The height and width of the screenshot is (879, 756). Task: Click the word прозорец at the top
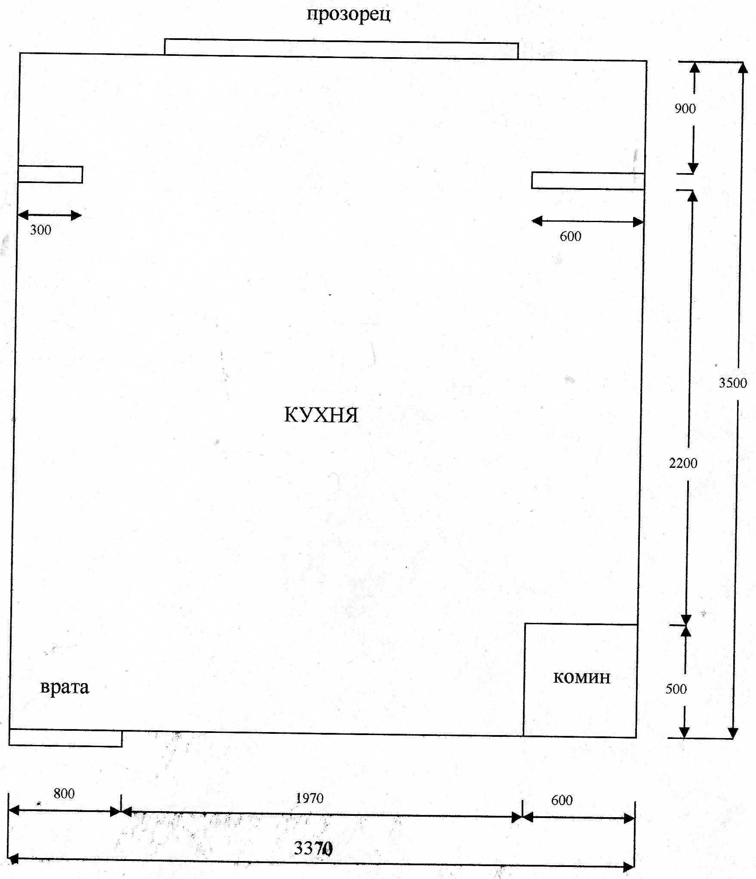coord(348,15)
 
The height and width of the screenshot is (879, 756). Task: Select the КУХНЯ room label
coord(321,415)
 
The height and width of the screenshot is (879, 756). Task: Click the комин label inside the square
coord(582,678)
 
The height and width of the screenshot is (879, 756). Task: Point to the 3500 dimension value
coord(733,383)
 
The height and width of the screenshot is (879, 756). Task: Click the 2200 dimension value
coord(683,463)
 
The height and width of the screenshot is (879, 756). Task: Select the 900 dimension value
coord(685,109)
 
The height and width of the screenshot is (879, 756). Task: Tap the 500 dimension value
coord(676,689)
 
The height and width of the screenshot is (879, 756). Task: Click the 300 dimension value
coord(40,230)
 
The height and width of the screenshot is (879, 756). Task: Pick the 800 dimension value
coord(64,793)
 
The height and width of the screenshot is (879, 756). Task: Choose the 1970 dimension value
coord(310,798)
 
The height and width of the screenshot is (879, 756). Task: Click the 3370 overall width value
coord(313,848)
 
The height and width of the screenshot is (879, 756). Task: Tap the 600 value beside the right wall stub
coord(570,236)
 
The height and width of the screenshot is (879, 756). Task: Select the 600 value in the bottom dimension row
coord(562,800)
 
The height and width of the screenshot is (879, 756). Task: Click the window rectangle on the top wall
coord(341,49)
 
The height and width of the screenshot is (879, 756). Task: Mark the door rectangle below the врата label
coord(65,738)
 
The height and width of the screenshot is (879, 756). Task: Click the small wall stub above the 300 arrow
coord(50,174)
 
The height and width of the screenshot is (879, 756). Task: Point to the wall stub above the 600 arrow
coord(588,180)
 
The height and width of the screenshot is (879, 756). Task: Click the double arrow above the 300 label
coord(49,215)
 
